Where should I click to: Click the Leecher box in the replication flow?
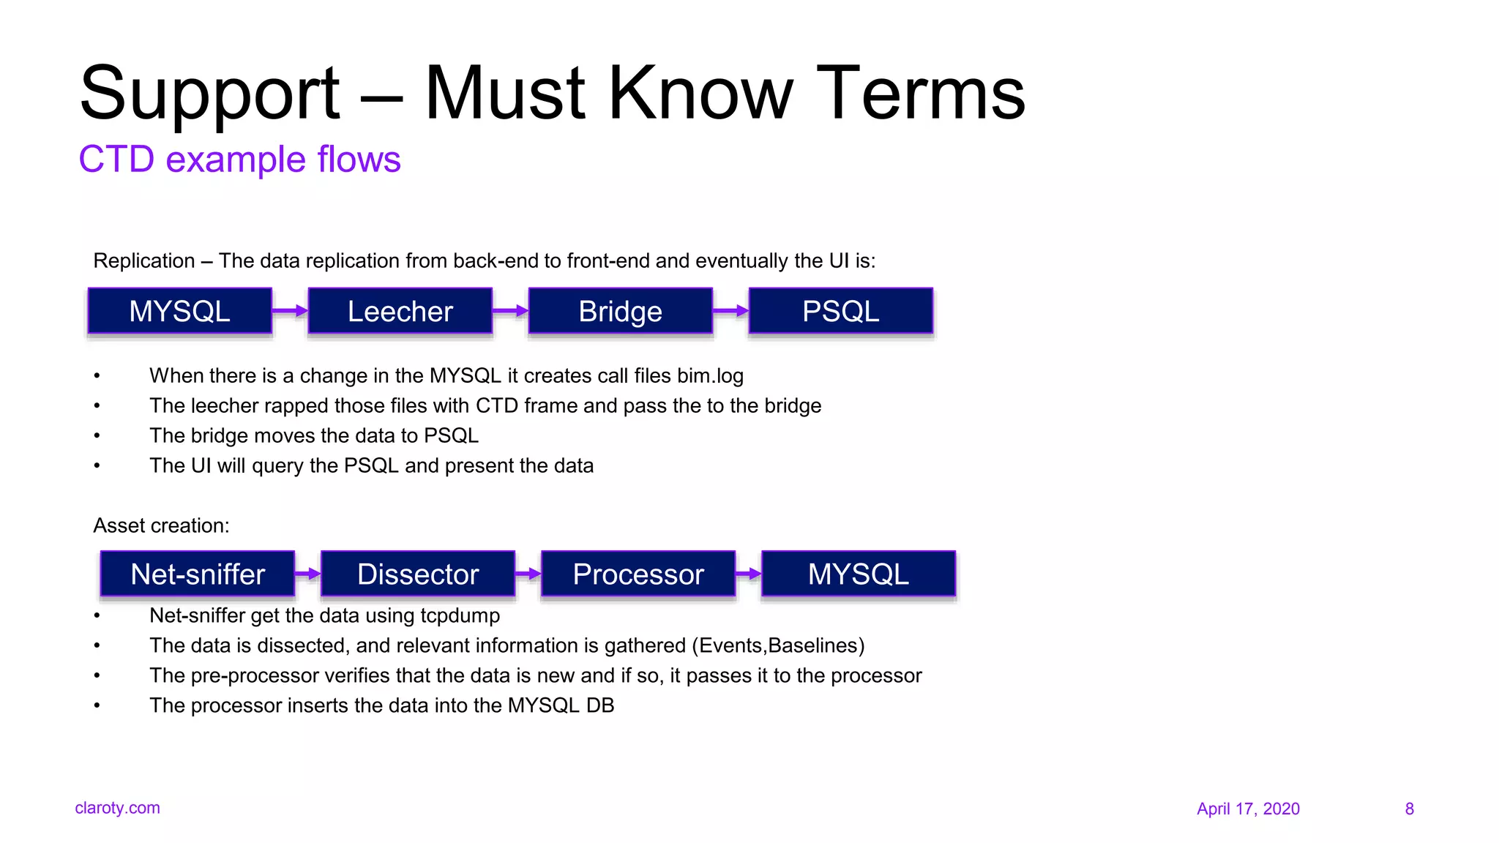coord(400,311)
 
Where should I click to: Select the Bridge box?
coord(620,311)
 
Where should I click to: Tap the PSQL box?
coord(840,311)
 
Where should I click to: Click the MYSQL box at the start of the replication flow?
coord(179,311)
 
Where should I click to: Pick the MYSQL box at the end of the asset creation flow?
coord(858,574)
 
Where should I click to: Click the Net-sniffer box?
coord(198,574)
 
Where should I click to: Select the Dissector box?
coord(418,574)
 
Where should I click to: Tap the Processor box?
coord(638,574)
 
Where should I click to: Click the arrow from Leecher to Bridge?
coord(510,311)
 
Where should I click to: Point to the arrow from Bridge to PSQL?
coord(730,311)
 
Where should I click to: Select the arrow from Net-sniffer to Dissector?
coord(307,574)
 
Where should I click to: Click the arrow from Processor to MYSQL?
coord(748,574)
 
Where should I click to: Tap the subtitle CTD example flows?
coord(239,160)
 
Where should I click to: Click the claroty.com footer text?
coord(117,808)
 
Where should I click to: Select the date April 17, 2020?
coord(1248,809)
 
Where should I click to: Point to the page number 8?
coord(1409,809)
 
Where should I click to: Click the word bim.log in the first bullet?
coord(709,376)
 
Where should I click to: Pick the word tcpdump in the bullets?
coord(460,616)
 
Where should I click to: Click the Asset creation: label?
coord(161,525)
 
